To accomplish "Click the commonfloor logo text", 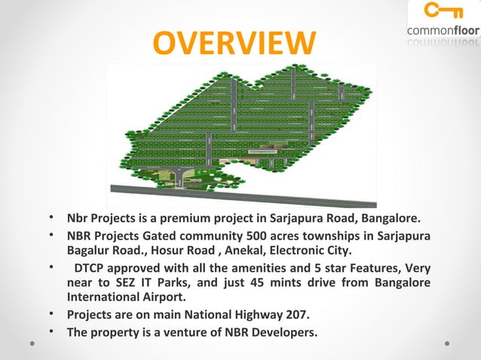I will coord(443,31).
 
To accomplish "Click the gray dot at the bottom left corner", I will coord(32,342).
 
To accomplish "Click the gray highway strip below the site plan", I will coord(241,194).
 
